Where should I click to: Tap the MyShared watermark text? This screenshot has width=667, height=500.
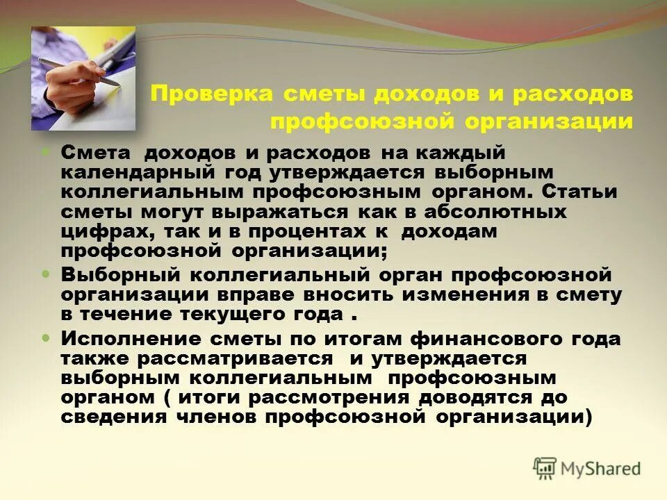601,469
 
